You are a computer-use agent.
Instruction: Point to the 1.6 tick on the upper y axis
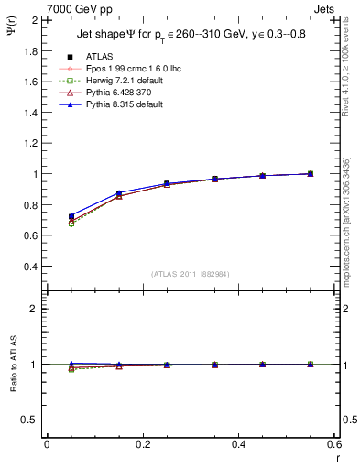click(x=30, y=81)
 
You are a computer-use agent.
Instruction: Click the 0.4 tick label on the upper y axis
click(x=30, y=267)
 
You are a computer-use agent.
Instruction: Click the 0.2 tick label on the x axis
click(x=142, y=444)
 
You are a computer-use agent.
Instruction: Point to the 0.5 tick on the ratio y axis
click(x=30, y=420)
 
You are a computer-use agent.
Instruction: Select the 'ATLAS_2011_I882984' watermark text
click(x=191, y=273)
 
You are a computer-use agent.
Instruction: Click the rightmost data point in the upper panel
click(x=311, y=173)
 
